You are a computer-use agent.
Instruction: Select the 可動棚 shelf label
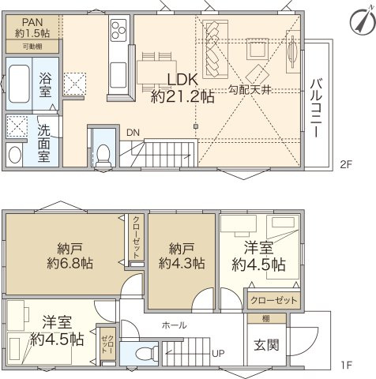pos(32,47)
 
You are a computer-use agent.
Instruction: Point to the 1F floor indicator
pos(344,366)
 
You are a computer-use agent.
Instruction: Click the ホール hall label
pos(174,325)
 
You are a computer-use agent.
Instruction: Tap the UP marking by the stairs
pos(215,353)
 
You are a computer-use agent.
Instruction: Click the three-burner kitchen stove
pos(118,32)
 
